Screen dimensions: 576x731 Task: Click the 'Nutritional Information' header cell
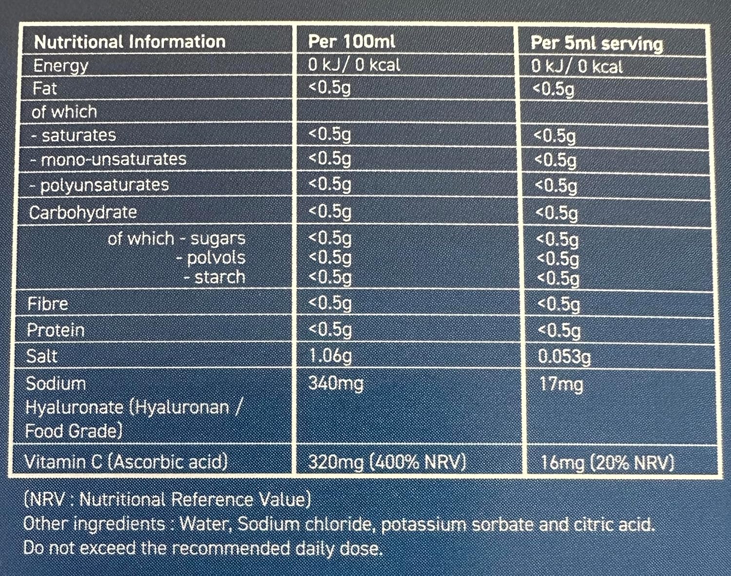click(130, 42)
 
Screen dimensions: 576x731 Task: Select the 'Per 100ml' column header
click(351, 42)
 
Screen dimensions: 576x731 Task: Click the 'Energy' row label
click(60, 66)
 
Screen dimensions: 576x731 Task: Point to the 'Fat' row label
click(44, 89)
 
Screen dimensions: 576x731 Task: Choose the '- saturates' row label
click(74, 135)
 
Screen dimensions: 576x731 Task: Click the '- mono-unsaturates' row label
click(108, 159)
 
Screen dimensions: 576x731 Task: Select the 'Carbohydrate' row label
click(83, 212)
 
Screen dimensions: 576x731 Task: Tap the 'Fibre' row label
click(48, 304)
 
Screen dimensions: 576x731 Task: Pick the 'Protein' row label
click(56, 330)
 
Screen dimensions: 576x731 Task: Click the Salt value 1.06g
click(330, 356)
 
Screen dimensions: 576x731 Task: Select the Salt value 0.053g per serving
click(564, 357)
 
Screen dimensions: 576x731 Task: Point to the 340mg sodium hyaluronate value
click(336, 384)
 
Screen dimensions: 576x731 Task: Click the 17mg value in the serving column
click(561, 384)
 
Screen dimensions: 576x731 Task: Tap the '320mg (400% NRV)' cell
click(387, 461)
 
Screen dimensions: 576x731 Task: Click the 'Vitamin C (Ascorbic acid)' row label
click(126, 461)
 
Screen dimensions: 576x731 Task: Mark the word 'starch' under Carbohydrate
click(219, 277)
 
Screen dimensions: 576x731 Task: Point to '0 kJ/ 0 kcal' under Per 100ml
click(354, 65)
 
